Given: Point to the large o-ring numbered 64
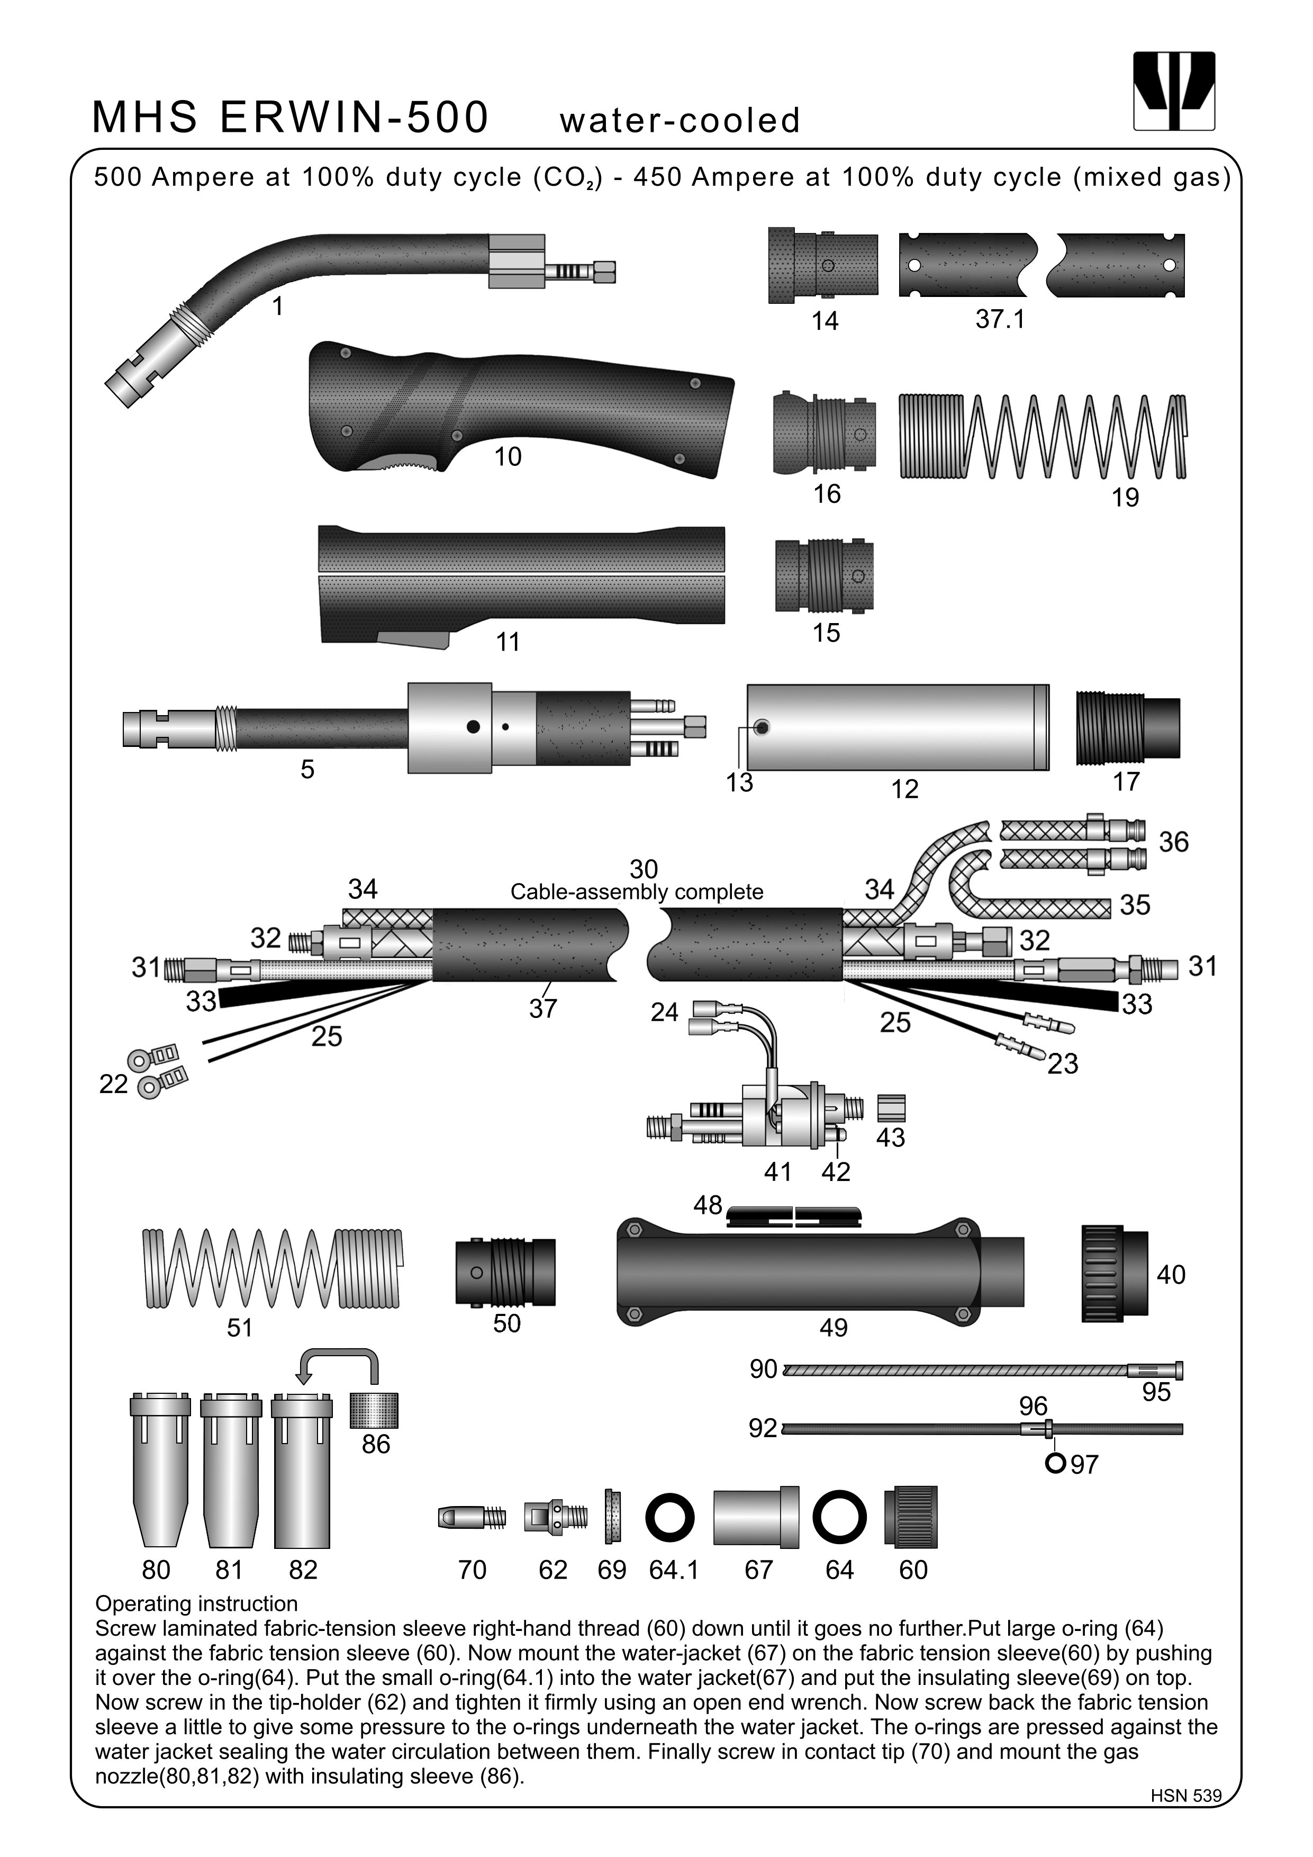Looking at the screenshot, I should coord(839,1517).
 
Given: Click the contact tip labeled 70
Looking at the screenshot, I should coord(472,1517).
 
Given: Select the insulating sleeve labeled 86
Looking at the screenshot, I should coord(374,1410).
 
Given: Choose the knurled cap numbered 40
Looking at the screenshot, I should coord(1114,1273).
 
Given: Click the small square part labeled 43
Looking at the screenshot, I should coord(891,1107).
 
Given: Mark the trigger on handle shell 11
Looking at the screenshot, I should coord(412,640).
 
